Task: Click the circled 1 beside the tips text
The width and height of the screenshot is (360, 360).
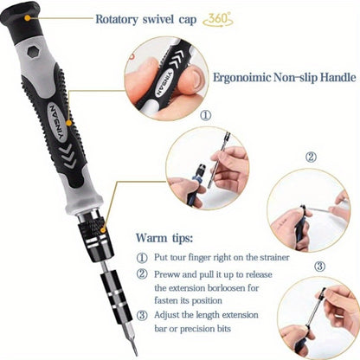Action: pyautogui.click(x=142, y=257)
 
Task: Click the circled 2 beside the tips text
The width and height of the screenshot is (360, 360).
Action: pyautogui.click(x=142, y=274)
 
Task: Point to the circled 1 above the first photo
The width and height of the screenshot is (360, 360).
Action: pyautogui.click(x=205, y=114)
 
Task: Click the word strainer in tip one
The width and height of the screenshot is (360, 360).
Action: pyautogui.click(x=269, y=257)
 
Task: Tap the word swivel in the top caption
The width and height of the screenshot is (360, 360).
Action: pyautogui.click(x=183, y=17)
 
